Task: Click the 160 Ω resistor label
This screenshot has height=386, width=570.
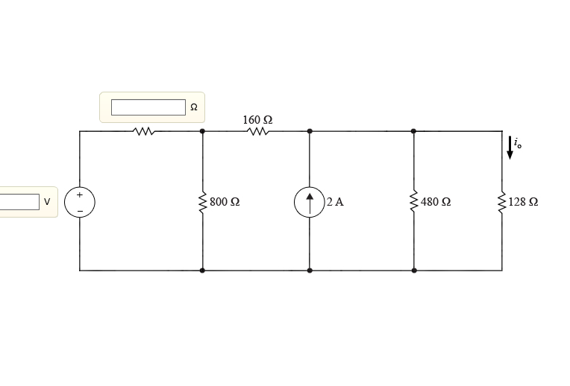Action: pos(257,119)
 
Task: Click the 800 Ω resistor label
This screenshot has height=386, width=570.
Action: pos(225,202)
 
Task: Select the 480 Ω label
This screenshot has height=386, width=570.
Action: pos(436,202)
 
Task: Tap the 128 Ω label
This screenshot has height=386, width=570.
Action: pos(523,202)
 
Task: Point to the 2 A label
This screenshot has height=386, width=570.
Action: pos(335,202)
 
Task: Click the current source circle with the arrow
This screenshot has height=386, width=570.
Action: pos(310,202)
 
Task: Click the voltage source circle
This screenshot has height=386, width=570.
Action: pos(80,202)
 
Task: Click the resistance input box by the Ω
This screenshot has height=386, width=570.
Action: pos(148,107)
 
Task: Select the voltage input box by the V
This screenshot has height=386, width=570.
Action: pos(19,201)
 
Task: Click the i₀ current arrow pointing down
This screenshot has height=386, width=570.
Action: pos(510,147)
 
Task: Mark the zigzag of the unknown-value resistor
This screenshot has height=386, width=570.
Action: pos(144,132)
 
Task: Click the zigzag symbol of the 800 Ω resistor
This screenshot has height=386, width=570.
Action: pos(202,202)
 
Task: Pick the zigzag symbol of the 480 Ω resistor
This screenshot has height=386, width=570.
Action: pos(414,202)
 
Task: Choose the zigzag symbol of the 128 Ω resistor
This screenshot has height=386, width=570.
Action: pos(502,202)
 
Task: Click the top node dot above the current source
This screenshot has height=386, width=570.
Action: pos(310,132)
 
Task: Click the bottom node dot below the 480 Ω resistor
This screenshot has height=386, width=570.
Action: pos(414,270)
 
